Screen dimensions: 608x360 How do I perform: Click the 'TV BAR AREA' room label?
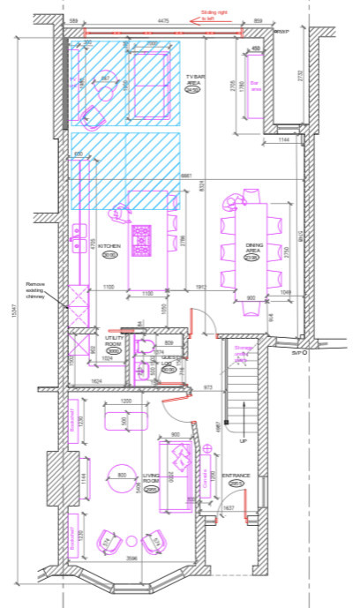[195, 83]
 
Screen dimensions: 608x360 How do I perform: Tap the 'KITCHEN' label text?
[109, 247]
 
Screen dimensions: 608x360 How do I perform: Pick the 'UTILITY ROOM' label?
[113, 342]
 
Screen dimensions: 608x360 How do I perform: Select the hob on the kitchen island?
[141, 238]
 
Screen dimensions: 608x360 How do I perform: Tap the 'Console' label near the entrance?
[206, 481]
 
